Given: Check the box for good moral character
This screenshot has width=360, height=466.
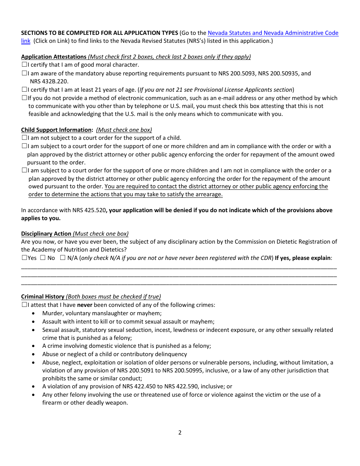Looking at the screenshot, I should coord(24,65).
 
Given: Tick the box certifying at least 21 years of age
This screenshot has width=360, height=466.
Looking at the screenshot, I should coord(24,90).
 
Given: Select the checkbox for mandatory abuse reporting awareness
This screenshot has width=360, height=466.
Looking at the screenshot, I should coord(24,73).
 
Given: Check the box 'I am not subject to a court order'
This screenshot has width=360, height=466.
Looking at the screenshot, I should coord(24,138).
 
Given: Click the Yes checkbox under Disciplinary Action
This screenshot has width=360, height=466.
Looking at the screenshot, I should coord(24,258).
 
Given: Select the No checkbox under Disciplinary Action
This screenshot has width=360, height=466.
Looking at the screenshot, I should coord(43,258).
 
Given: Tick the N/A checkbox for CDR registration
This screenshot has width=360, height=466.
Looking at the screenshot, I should coord(63,258).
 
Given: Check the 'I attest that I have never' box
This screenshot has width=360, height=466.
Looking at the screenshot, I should coord(24,305).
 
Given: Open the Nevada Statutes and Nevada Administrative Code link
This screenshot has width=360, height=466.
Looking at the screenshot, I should coord(273,33).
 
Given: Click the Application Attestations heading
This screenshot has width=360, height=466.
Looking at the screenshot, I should coord(54,57).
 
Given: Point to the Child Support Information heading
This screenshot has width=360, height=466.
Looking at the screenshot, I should coord(57,130).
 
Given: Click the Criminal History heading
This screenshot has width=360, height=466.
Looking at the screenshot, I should coord(43,297).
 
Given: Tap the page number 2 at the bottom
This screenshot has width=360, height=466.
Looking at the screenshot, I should coord(180,433).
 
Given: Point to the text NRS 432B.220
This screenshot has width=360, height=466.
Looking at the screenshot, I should coord(49,81).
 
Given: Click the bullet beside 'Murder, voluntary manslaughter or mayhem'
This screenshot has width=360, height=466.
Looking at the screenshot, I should coord(34,314).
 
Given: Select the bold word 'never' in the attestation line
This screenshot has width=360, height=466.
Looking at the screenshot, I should coord(85,305).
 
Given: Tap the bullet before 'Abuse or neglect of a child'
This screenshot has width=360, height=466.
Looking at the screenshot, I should coord(34,354).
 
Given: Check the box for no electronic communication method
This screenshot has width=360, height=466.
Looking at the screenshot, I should coord(24,98).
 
